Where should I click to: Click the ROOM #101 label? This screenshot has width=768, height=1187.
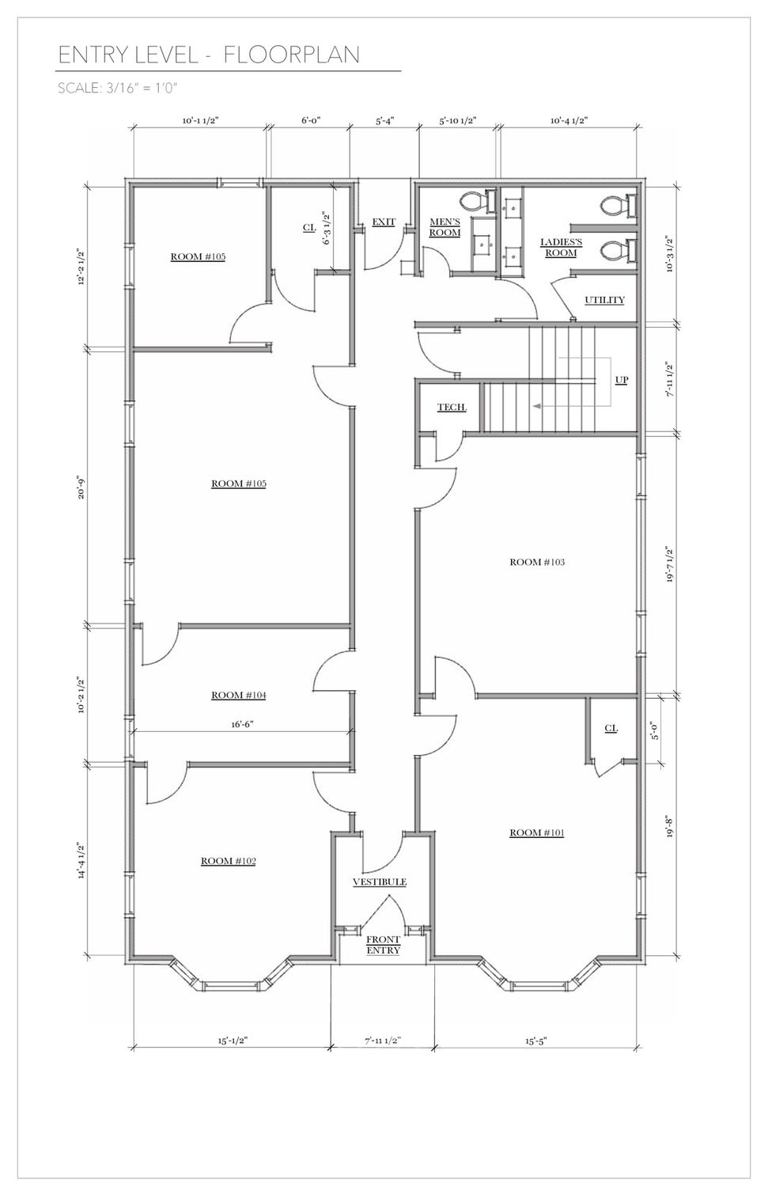click(x=536, y=832)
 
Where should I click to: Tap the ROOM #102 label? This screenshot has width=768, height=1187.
click(x=228, y=861)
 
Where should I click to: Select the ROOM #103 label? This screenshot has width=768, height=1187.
click(x=537, y=562)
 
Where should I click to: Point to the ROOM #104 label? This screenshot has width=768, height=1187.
click(x=238, y=695)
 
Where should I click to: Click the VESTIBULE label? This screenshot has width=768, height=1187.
click(x=380, y=882)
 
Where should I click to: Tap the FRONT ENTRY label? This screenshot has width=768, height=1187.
click(x=384, y=945)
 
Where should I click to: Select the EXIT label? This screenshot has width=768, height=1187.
click(x=384, y=222)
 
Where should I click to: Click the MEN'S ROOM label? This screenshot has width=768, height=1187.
click(x=445, y=227)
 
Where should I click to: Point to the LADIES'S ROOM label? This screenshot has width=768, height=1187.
click(x=561, y=248)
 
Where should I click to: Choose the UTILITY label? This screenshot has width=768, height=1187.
click(x=604, y=300)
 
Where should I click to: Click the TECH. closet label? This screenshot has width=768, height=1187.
click(x=452, y=407)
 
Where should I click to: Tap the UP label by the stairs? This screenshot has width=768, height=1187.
click(x=622, y=380)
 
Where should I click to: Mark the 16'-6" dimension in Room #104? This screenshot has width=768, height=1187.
click(x=242, y=724)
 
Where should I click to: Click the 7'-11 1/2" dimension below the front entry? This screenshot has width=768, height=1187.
click(x=382, y=1041)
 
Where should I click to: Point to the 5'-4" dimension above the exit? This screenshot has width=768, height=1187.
click(x=385, y=121)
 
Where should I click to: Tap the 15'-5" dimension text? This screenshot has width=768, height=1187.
click(x=536, y=1041)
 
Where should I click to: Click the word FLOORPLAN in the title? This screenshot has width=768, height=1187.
click(x=291, y=55)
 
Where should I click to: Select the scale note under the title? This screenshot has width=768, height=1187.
click(x=117, y=88)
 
